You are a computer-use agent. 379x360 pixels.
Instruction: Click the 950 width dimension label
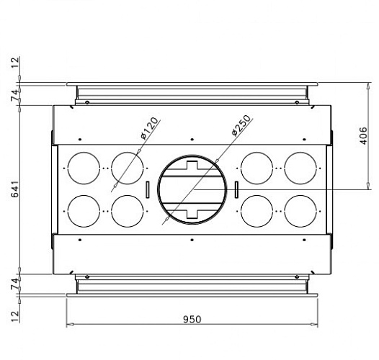(192, 320)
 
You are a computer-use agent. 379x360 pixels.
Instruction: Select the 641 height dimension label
(15, 189)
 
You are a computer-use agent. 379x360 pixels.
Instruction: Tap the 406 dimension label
(363, 136)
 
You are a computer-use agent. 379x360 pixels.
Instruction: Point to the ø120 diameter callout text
(150, 128)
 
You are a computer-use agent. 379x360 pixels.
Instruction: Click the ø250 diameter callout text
(241, 125)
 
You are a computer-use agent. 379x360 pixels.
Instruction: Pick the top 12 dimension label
(15, 63)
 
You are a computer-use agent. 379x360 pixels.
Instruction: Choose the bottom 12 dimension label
(15, 316)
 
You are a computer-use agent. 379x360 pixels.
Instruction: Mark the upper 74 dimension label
(15, 95)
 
